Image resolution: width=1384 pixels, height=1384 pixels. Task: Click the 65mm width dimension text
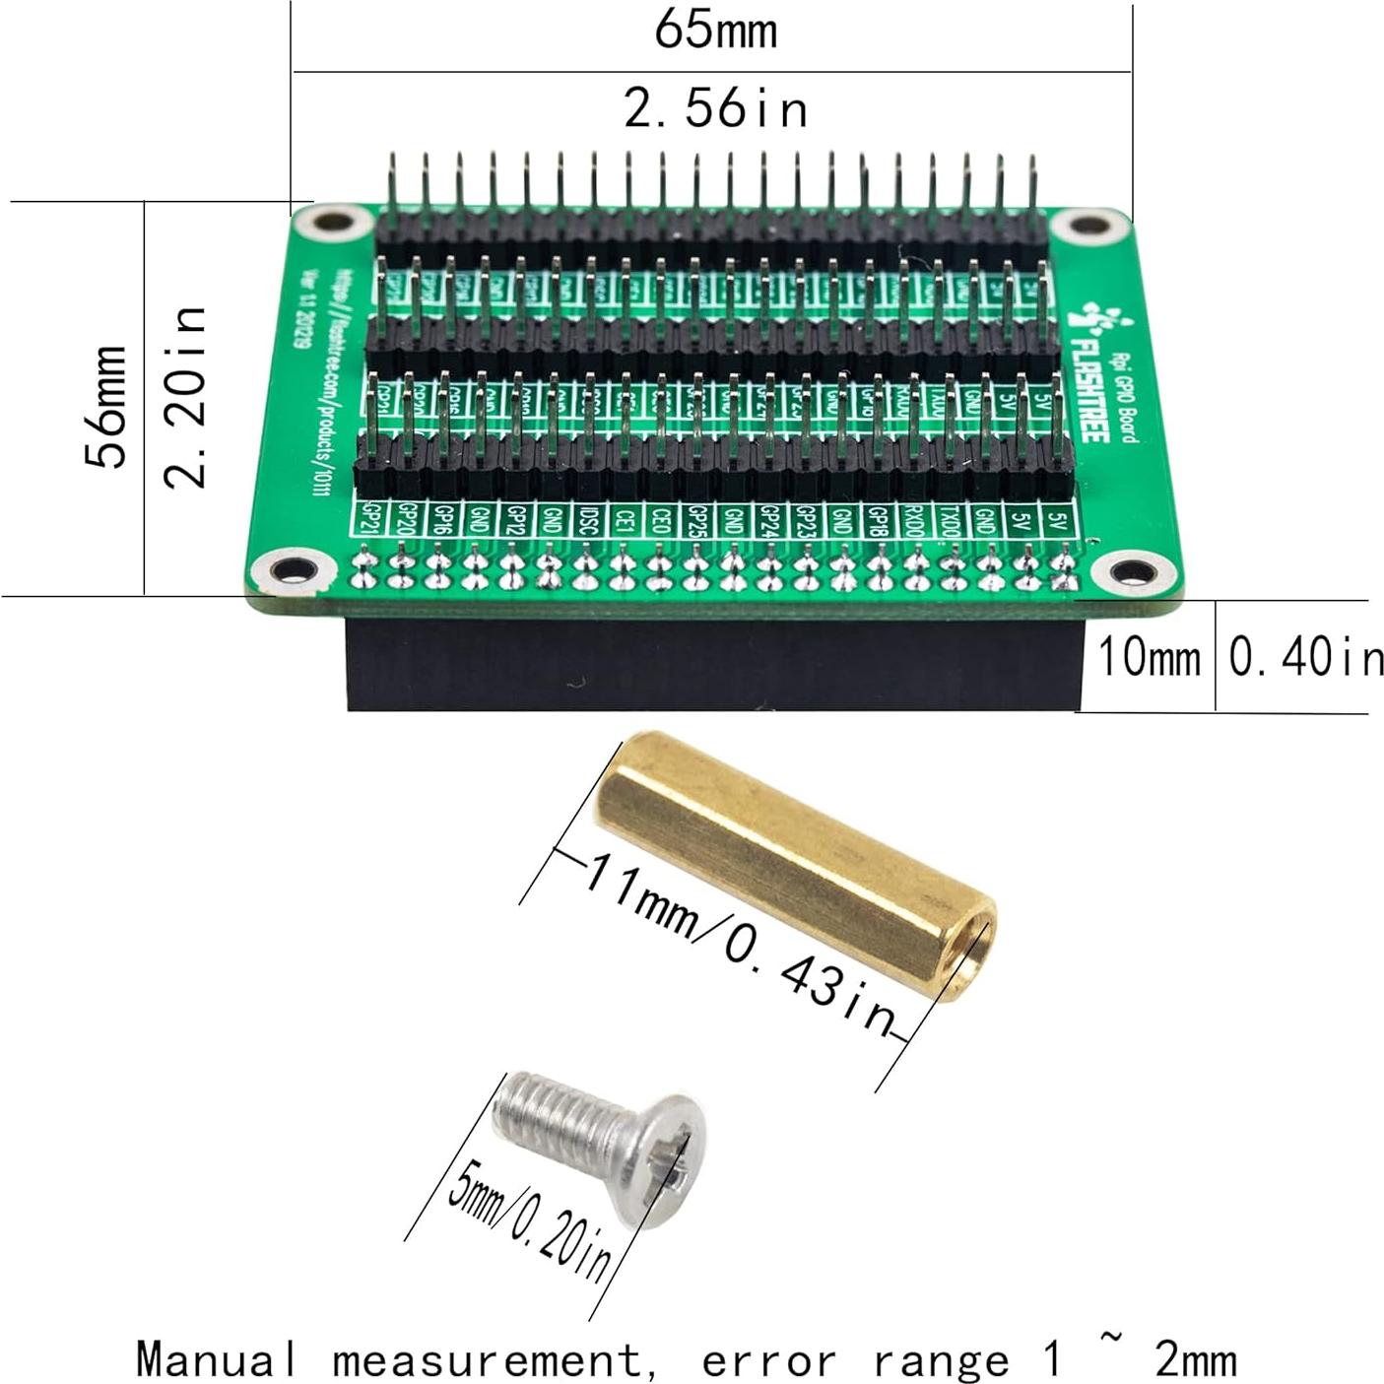[x=715, y=30]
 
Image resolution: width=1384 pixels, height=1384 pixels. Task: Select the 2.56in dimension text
[x=716, y=107]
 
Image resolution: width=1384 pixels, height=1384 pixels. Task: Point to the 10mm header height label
[x=1149, y=657]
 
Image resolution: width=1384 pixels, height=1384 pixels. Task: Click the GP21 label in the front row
[x=371, y=517]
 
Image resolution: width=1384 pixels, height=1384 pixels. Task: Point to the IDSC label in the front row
[x=586, y=518]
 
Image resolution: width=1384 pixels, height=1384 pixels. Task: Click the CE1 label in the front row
[x=624, y=518]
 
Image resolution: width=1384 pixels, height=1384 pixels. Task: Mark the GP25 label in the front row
[x=696, y=519]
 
